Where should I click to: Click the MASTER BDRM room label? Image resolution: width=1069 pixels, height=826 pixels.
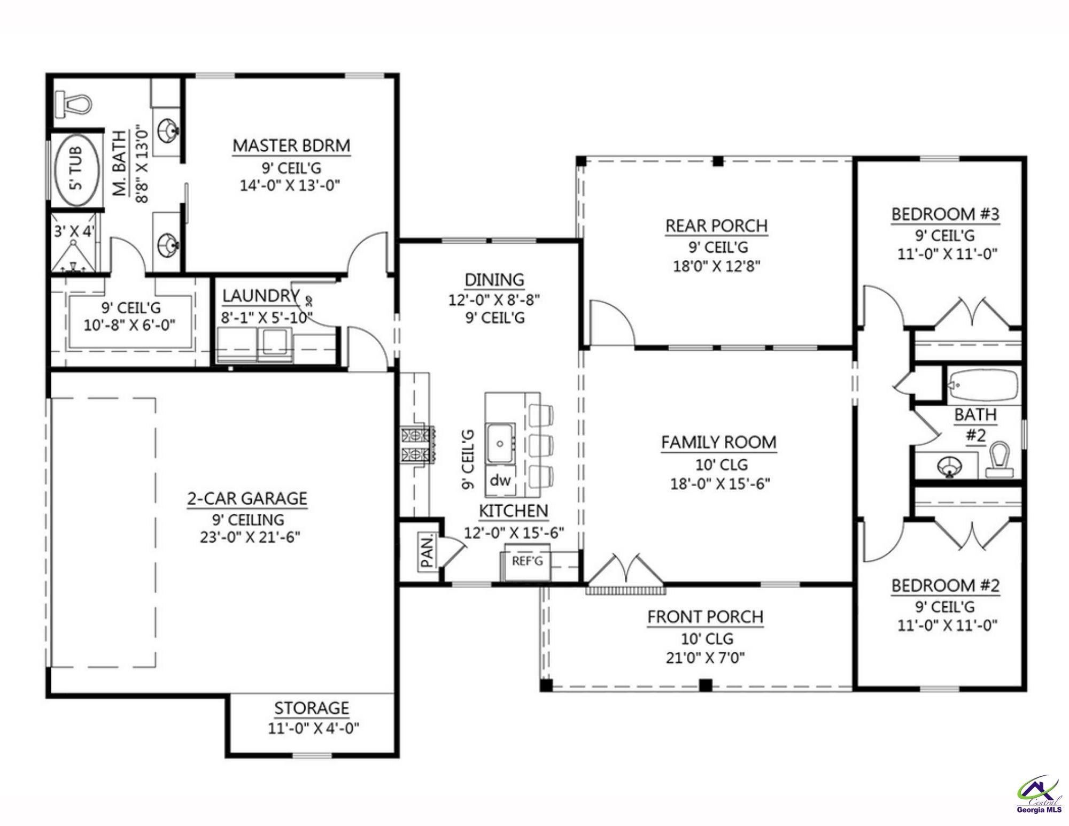tap(291, 145)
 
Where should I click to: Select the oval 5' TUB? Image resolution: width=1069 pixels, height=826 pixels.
tap(78, 168)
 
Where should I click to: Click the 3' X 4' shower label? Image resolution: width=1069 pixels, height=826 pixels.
tap(74, 231)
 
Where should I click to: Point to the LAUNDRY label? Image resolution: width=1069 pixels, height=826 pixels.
tap(260, 296)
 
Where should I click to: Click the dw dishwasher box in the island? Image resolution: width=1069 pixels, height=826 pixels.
tap(500, 480)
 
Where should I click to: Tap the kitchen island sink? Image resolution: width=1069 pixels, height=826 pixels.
tap(500, 443)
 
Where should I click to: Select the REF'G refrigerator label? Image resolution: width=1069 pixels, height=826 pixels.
tap(527, 561)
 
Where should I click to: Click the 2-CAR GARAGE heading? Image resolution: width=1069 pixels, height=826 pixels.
tap(247, 498)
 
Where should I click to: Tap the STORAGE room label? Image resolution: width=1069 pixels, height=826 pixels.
tap(312, 708)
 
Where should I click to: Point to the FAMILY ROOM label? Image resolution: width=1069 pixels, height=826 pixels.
tap(718, 442)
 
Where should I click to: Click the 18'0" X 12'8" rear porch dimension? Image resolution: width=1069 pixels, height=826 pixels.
tap(716, 266)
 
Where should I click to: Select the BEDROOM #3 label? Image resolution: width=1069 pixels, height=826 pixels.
tap(945, 214)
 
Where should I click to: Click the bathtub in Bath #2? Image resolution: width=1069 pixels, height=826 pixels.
tap(983, 384)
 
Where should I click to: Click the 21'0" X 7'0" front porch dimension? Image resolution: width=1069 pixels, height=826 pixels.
tap(705, 657)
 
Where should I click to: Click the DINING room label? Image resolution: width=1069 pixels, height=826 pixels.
tap(494, 280)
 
